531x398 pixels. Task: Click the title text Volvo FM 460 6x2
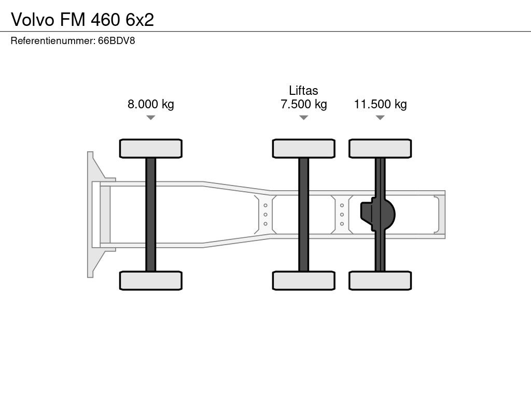[x=82, y=20]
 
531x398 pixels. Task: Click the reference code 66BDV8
[x=117, y=40]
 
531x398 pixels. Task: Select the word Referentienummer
[x=52, y=40]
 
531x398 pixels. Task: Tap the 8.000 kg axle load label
[x=151, y=104]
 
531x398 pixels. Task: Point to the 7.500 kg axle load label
[x=304, y=104]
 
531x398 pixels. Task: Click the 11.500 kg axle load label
[x=380, y=104]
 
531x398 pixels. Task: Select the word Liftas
[x=303, y=90]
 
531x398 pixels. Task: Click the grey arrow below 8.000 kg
[x=151, y=118]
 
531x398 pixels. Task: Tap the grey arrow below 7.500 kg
[x=304, y=118]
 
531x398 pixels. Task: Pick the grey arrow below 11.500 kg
[x=380, y=118]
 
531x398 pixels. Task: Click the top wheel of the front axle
[x=151, y=148]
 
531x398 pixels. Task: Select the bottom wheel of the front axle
[x=151, y=280]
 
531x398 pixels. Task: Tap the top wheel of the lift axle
[x=304, y=148]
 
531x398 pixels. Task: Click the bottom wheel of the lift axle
[x=304, y=280]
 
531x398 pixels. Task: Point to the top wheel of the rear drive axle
[x=380, y=148]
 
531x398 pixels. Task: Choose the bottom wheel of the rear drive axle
[x=380, y=280]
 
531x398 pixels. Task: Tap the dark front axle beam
[x=151, y=215]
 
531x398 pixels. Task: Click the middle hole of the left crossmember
[x=265, y=215]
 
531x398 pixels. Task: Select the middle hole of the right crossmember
[x=342, y=215]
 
